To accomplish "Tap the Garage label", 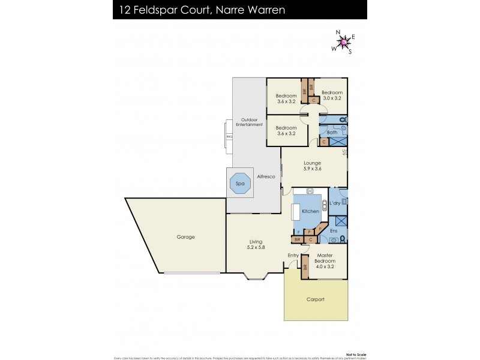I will [185, 237].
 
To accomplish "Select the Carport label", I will [315, 299].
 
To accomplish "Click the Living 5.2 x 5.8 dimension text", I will [256, 247].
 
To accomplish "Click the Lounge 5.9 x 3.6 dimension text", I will [312, 169].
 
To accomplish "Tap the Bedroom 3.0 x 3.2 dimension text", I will [332, 98].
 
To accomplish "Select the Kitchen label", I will [310, 212].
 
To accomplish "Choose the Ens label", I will [334, 230].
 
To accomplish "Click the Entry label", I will [293, 256].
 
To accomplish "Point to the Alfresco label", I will [266, 176].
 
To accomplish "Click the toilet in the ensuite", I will [342, 238].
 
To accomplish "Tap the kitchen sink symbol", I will [310, 191].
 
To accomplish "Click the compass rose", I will [343, 41].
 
